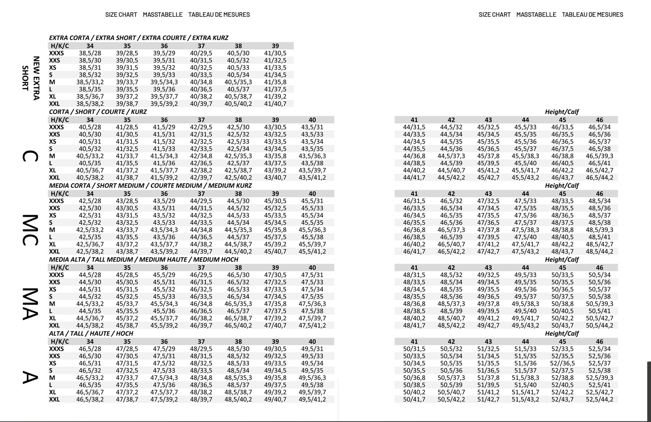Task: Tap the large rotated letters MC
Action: click(x=30, y=230)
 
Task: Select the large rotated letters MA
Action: click(x=30, y=304)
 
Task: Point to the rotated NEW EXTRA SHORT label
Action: click(x=31, y=78)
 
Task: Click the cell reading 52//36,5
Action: click(x=562, y=363)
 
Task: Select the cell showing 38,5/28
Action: click(x=90, y=53)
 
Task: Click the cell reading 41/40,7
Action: click(x=275, y=104)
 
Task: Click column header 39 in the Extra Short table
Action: click(x=275, y=46)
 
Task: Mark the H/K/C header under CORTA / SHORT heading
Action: click(x=60, y=120)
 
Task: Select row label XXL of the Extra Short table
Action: click(x=55, y=104)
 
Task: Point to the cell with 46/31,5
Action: click(x=414, y=201)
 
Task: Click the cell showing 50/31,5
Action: click(x=414, y=349)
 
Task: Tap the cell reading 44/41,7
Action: click(x=414, y=178)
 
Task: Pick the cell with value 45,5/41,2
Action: click(x=312, y=252)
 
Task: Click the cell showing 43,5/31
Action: click(x=312, y=127)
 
